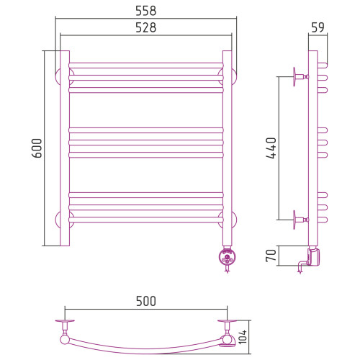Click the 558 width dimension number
coord(146,11)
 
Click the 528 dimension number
coord(146,27)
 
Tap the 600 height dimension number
coord(37,148)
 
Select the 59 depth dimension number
coord(318,27)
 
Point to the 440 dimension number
coord(271,148)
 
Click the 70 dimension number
coord(271,256)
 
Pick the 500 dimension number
coord(146,301)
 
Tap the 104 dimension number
coord(243,337)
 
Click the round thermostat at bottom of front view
coord(227,257)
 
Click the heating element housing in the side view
coord(314,257)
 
